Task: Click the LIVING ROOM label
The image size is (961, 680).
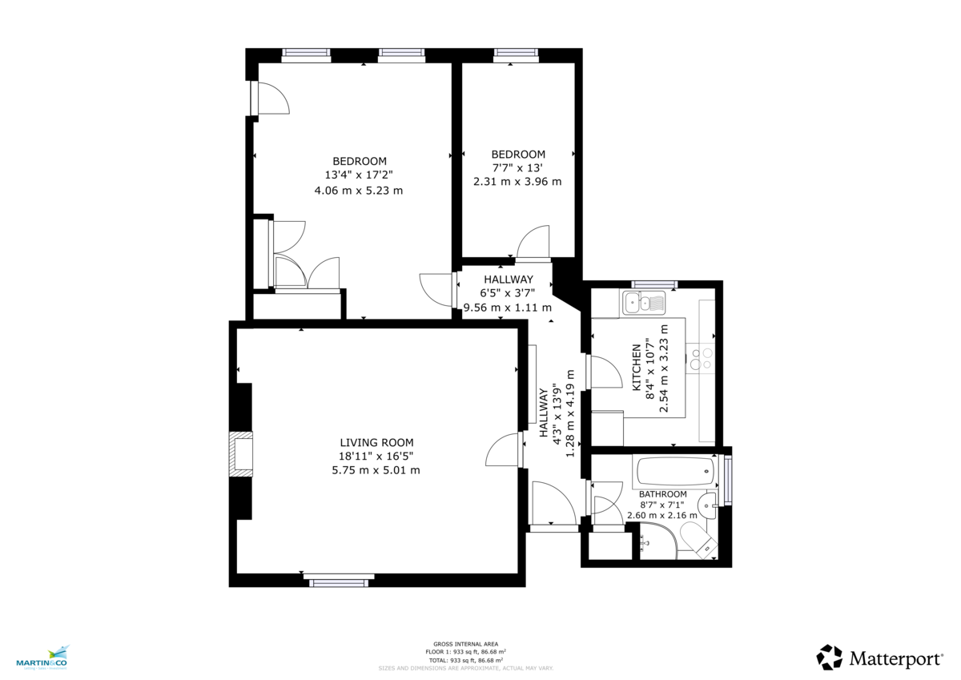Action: point(376,442)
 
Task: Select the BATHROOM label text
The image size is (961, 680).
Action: point(663,494)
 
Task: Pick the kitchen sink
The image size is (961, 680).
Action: point(644,303)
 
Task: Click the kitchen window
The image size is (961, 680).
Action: point(654,284)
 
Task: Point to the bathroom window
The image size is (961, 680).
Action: point(727,480)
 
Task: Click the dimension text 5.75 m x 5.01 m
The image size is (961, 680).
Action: point(376,470)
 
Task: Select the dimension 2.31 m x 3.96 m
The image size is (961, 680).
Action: point(517,181)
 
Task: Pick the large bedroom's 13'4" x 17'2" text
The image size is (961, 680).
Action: point(359,175)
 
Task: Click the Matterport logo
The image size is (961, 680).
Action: point(879,658)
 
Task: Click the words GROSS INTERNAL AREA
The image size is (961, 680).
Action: point(465,644)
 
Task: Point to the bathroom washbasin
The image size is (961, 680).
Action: point(707,505)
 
